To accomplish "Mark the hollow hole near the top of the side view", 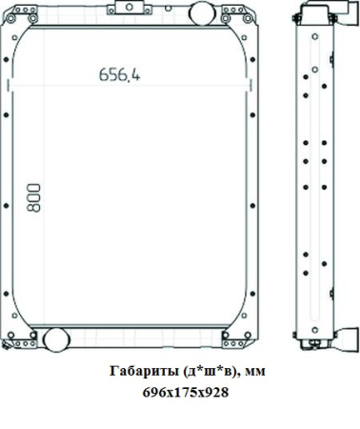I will pyautogui.click(x=310, y=40).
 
